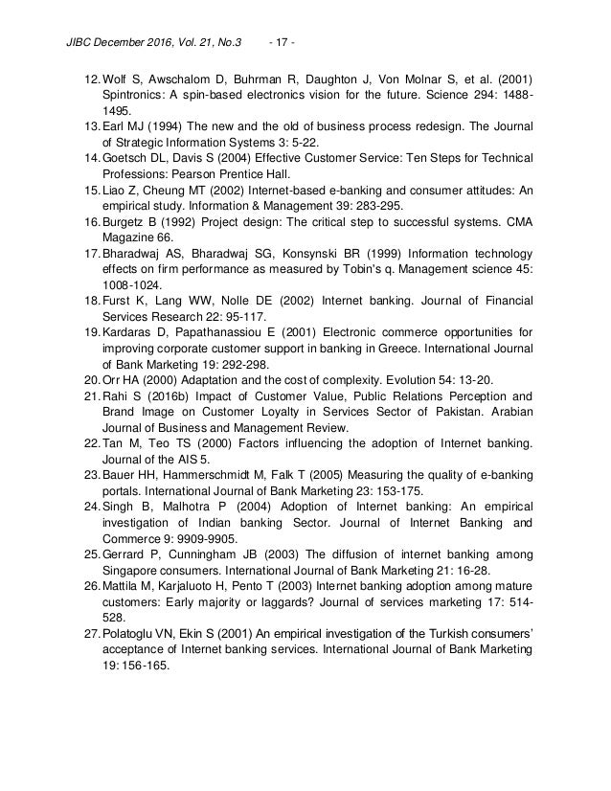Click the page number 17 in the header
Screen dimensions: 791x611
click(283, 15)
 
